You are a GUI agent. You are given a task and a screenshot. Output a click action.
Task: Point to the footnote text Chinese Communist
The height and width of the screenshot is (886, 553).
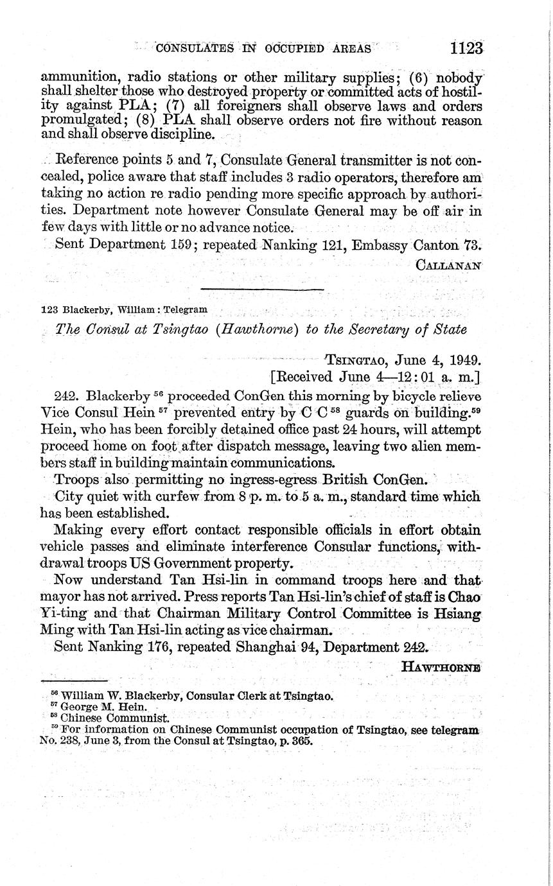(114, 718)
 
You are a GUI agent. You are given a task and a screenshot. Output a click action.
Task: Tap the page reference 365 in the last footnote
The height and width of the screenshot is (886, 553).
(299, 740)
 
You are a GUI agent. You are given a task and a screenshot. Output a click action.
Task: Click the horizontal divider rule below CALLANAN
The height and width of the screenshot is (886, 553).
(262, 290)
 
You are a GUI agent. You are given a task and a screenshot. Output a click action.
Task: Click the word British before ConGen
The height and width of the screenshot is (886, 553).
(346, 480)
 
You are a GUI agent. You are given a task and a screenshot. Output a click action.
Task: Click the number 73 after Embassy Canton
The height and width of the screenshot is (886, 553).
(470, 244)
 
